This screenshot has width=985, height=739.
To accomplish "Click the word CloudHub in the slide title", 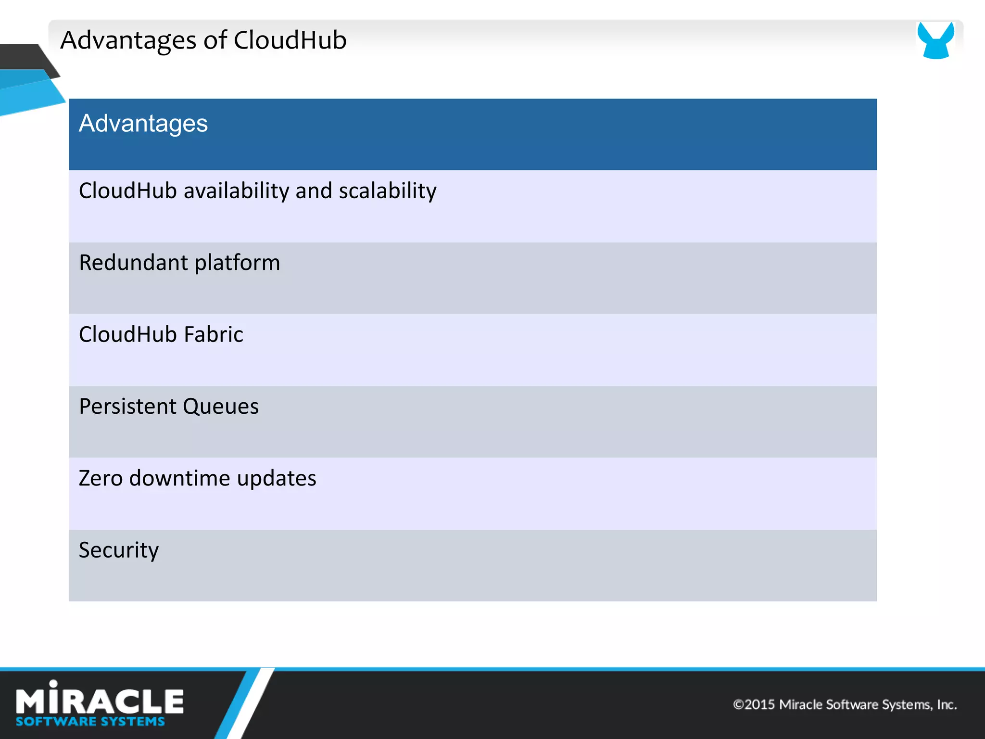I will [x=290, y=40].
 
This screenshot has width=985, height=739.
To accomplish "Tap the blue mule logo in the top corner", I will [x=935, y=40].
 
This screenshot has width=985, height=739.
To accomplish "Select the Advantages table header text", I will [x=143, y=124].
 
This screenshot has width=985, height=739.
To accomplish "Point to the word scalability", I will [x=388, y=191].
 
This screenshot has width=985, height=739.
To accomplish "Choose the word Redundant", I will [x=133, y=263].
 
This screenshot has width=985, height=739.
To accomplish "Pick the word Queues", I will [x=221, y=407].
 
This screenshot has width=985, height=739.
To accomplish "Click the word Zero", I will [x=101, y=478].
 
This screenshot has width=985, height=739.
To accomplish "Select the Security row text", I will [x=119, y=550].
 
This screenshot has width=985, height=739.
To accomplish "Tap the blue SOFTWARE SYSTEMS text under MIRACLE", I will [x=90, y=722].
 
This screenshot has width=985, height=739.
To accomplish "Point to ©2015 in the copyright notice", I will [x=754, y=705].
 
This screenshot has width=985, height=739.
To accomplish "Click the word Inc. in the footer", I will [x=947, y=705].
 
